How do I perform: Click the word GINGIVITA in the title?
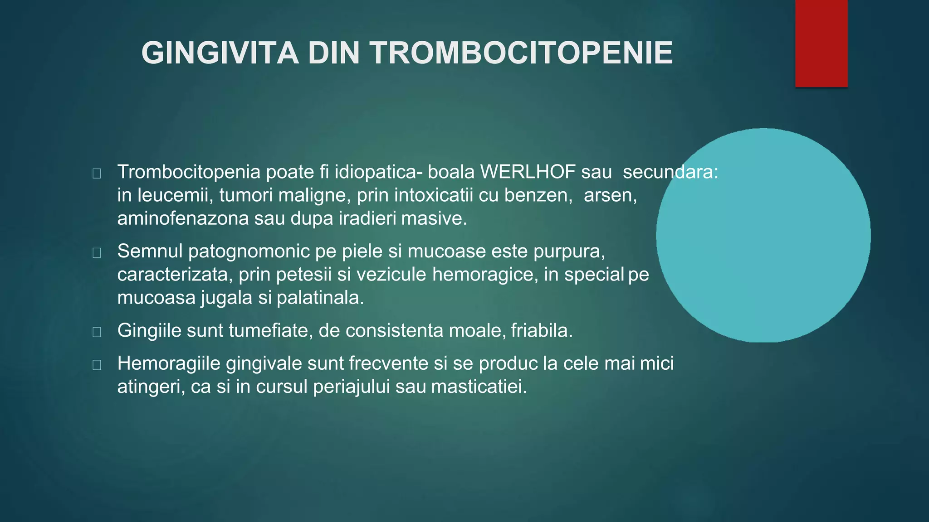[x=220, y=53]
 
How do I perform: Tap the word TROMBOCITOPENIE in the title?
[x=522, y=53]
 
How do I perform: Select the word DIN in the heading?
[x=333, y=53]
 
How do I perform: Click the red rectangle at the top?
[x=821, y=43]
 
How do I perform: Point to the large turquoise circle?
[x=763, y=235]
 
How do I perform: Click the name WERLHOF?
[x=528, y=172]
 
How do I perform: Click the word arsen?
[x=610, y=195]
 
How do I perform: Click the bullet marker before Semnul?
[x=97, y=253]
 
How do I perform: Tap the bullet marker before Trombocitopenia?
[x=97, y=174]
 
